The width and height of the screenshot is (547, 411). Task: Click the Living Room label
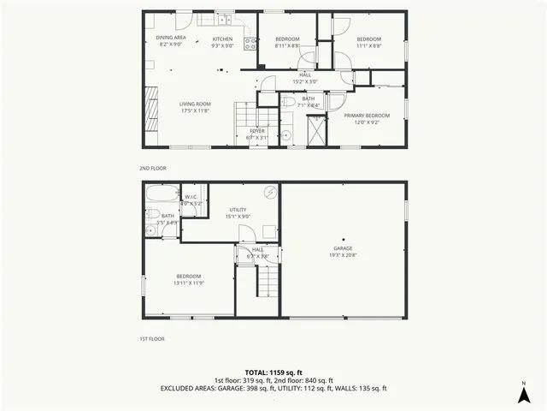coord(196,106)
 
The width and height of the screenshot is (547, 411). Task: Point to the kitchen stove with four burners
coord(250,42)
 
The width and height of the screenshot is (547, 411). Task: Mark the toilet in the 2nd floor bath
coord(288,101)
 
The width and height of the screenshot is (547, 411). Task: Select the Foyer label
coord(257,134)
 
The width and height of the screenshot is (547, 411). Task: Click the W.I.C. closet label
coord(191,200)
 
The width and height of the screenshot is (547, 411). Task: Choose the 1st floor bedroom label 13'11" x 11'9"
coord(188,279)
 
